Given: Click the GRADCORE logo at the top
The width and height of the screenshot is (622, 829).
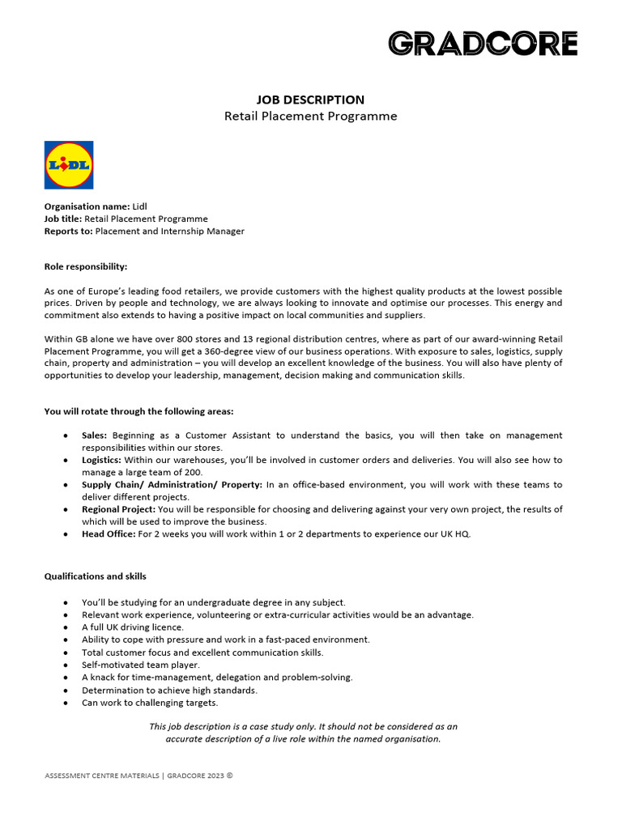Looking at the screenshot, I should coord(483,44).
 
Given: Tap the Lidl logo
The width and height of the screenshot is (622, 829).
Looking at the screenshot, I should coord(69,165).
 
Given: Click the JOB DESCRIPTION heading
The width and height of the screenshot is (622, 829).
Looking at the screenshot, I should coord(310,100).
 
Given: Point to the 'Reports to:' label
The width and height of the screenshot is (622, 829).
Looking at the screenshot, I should coord(68,231).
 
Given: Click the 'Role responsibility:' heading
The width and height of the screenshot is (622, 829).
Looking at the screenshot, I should coord(85,266).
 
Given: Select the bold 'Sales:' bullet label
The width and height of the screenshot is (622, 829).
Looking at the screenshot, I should coord(94,436).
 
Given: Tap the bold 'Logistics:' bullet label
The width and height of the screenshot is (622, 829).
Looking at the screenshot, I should coord(101,460).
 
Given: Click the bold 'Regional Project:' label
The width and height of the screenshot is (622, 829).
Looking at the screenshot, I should coord(119,509).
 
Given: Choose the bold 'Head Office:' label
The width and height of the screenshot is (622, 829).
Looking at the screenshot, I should coord(109,534).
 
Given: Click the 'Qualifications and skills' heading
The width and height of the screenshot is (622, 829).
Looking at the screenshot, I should coord(95,576).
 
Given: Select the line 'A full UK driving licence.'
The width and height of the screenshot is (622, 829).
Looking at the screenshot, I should coord(133,627).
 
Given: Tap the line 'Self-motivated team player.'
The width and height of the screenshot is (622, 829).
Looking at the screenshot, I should coord(140,665).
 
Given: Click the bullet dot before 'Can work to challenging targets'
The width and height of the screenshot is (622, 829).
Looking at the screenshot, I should coord(65,703).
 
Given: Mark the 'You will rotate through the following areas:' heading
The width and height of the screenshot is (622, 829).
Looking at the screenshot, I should coord(138,411).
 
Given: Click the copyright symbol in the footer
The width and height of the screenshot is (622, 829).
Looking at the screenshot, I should coord(229,775).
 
